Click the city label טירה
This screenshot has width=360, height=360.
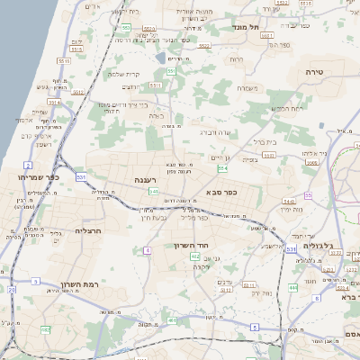tap(339, 69)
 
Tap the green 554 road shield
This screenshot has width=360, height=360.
tap(221, 166)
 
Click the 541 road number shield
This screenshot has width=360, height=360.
tap(154, 192)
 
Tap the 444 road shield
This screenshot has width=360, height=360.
tap(293, 287)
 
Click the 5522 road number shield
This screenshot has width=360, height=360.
tap(204, 46)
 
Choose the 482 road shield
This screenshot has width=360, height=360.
tap(172, 319)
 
